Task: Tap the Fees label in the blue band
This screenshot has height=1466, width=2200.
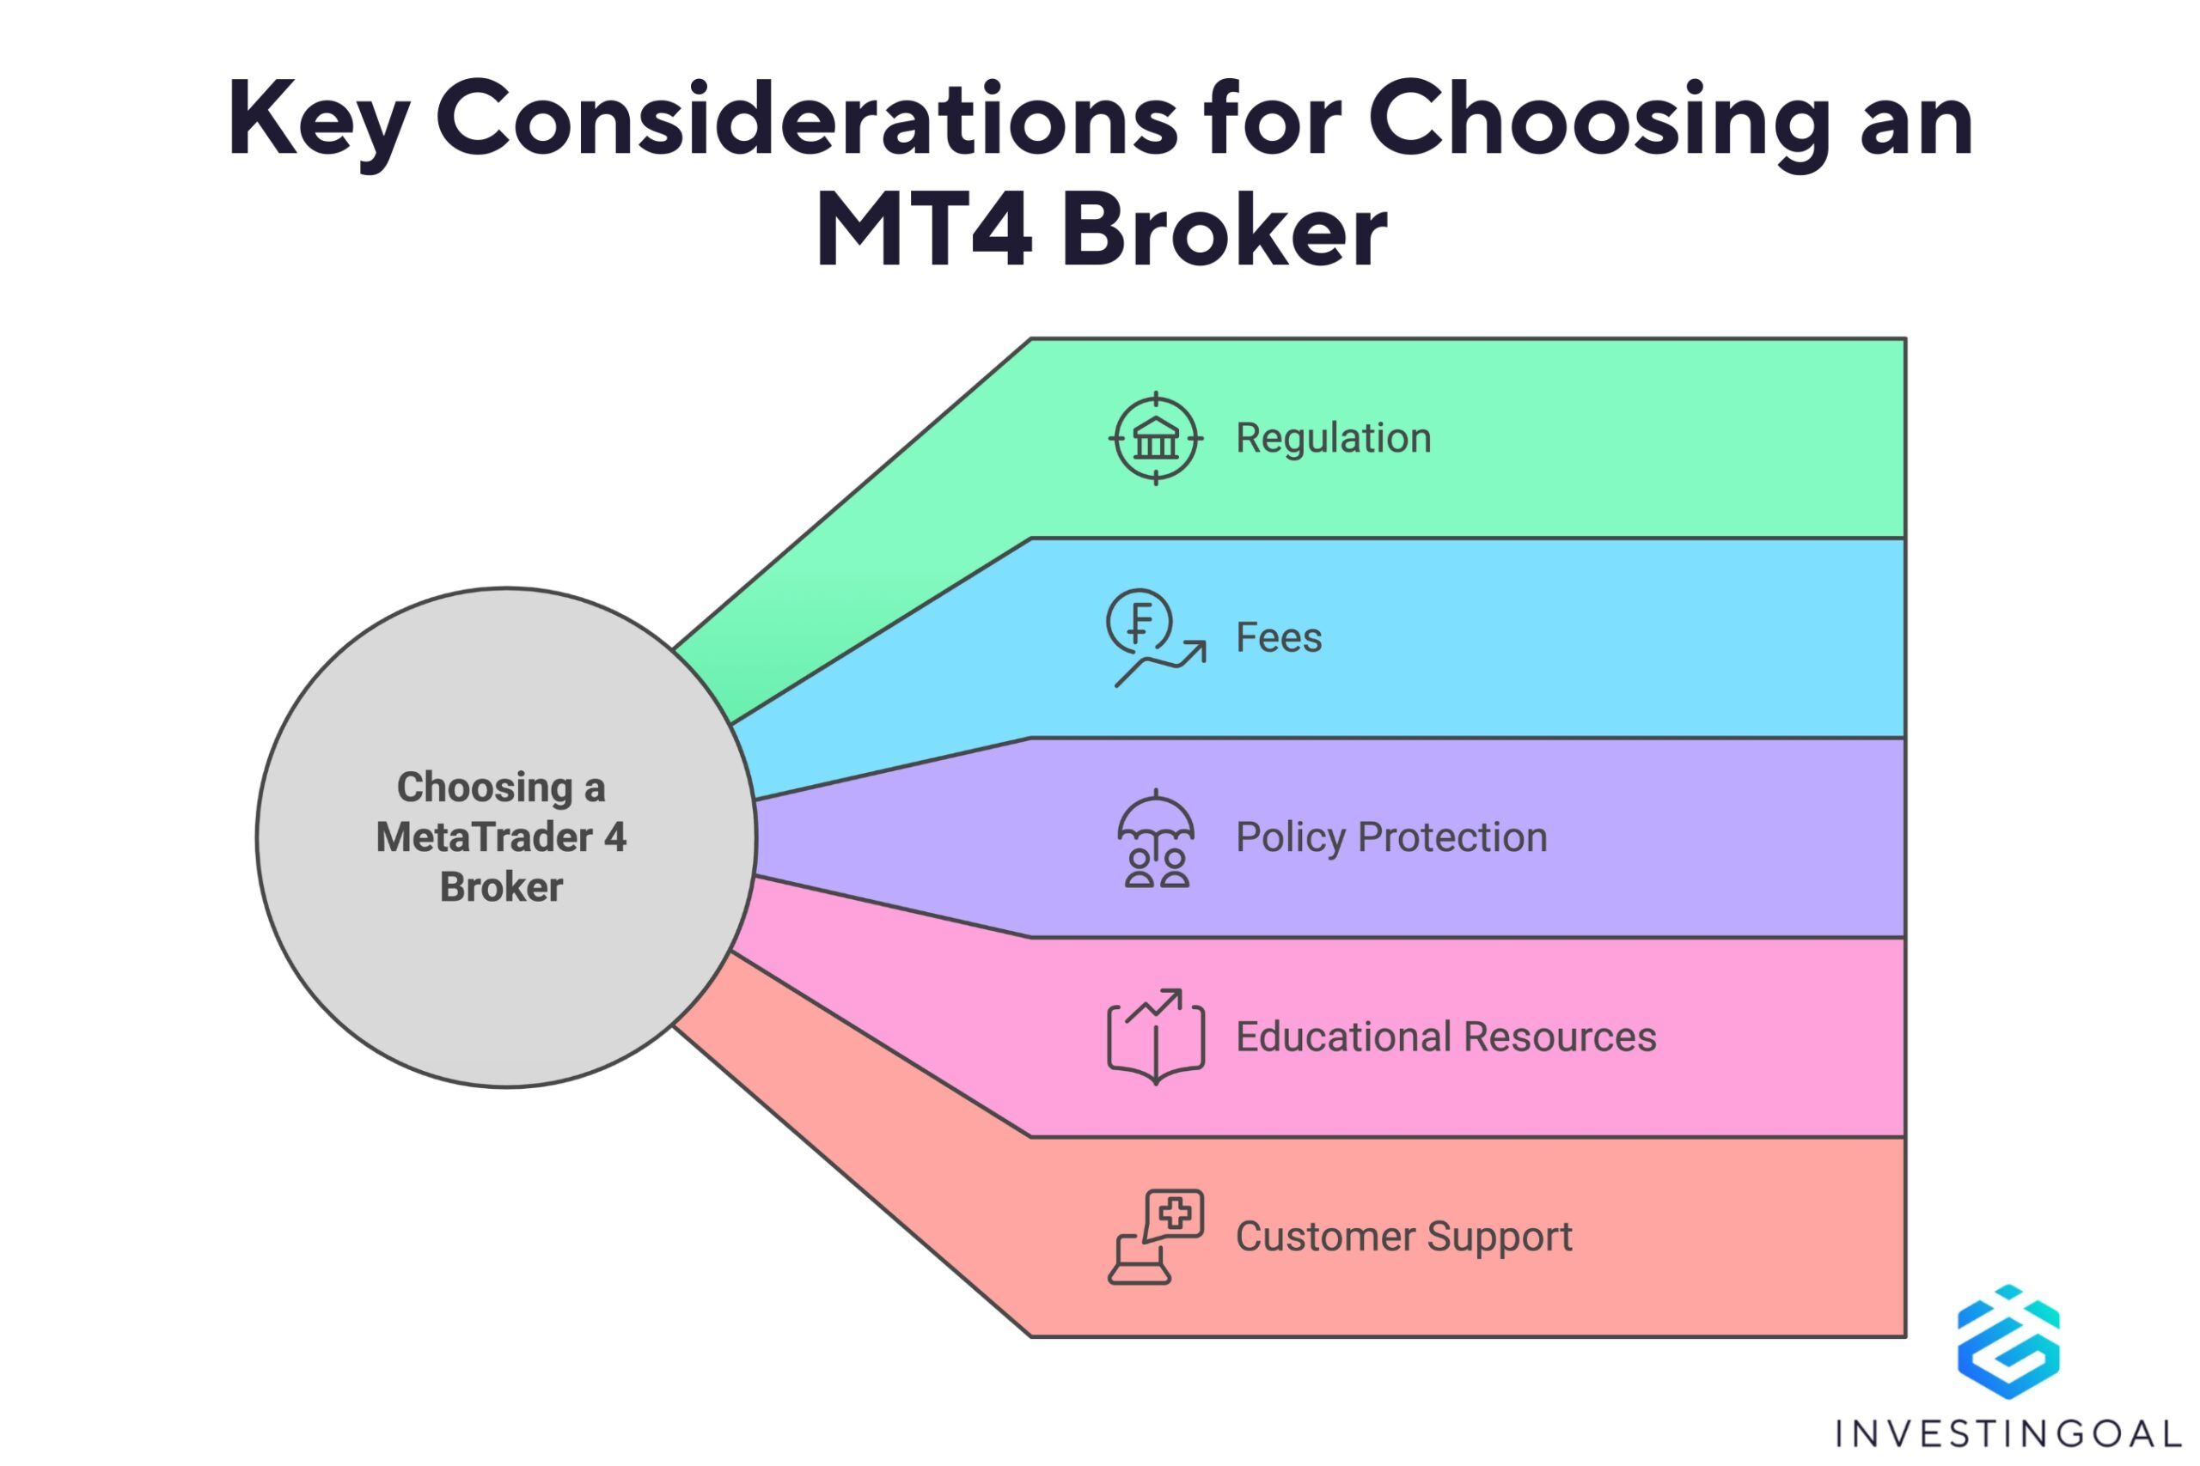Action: tap(1279, 637)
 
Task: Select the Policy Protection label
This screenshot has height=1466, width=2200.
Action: tap(1391, 836)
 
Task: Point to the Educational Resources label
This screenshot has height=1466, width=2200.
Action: tap(1445, 1037)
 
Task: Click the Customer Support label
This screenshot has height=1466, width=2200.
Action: tap(1403, 1237)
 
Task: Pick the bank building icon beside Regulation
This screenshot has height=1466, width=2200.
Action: tap(1156, 439)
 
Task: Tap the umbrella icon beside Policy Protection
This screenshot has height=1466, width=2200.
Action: tap(1156, 837)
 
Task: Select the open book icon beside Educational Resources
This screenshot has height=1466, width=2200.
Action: tap(1156, 1037)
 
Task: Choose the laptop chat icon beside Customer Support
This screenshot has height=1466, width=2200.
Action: tap(1156, 1237)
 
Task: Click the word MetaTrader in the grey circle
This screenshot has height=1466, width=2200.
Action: tap(484, 836)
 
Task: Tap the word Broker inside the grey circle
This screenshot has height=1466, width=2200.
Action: tap(501, 887)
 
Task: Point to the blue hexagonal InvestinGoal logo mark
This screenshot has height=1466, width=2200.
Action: tap(2008, 1342)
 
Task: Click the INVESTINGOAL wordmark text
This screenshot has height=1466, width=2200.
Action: tap(2008, 1433)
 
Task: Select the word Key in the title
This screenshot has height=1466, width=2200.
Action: tap(318, 122)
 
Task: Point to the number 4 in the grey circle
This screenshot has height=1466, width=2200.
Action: tap(614, 836)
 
